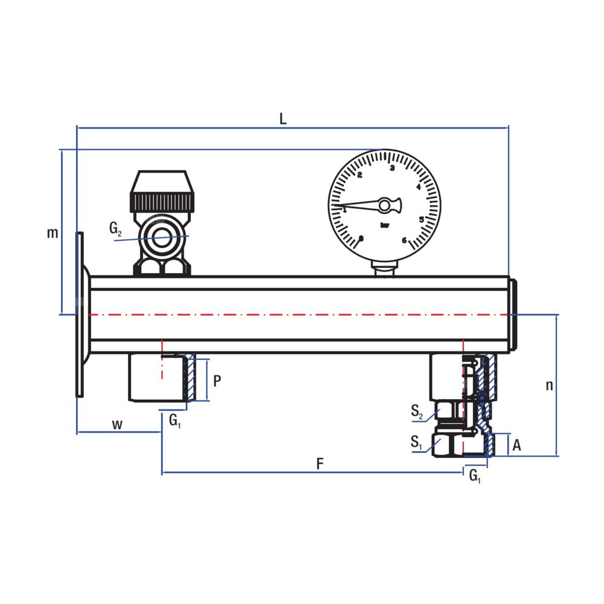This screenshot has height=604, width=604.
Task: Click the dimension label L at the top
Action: coord(283,119)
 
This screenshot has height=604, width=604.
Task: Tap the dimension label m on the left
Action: coord(53,233)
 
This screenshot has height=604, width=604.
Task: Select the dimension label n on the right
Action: coord(550,385)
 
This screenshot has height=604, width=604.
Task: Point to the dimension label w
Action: coord(117,425)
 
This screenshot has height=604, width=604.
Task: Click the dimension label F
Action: coord(320,464)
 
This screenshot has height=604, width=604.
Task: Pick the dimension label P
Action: coord(217,381)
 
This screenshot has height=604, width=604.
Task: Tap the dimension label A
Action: coord(516,445)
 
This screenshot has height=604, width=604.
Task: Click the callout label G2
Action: coord(115,229)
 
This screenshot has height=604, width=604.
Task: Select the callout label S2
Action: coord(417,411)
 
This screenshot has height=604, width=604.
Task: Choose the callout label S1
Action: coord(416,442)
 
